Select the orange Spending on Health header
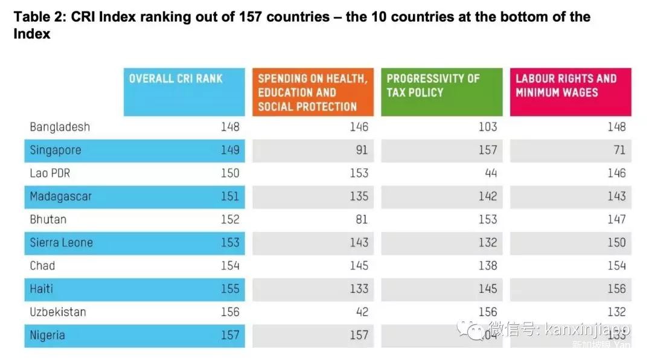(x=312, y=92)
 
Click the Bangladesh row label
(x=60, y=127)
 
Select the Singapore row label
(x=55, y=150)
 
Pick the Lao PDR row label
(x=50, y=173)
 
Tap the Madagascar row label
(x=61, y=196)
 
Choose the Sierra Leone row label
(x=61, y=243)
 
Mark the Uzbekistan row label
(x=58, y=312)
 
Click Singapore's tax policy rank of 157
(x=487, y=150)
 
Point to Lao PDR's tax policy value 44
(x=491, y=173)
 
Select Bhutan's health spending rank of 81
(x=362, y=220)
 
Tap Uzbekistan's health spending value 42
(x=361, y=312)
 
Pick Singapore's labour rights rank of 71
(x=619, y=150)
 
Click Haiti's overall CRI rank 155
(x=230, y=289)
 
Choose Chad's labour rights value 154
(x=616, y=266)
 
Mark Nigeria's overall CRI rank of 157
(x=230, y=335)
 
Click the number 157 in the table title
(x=250, y=16)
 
